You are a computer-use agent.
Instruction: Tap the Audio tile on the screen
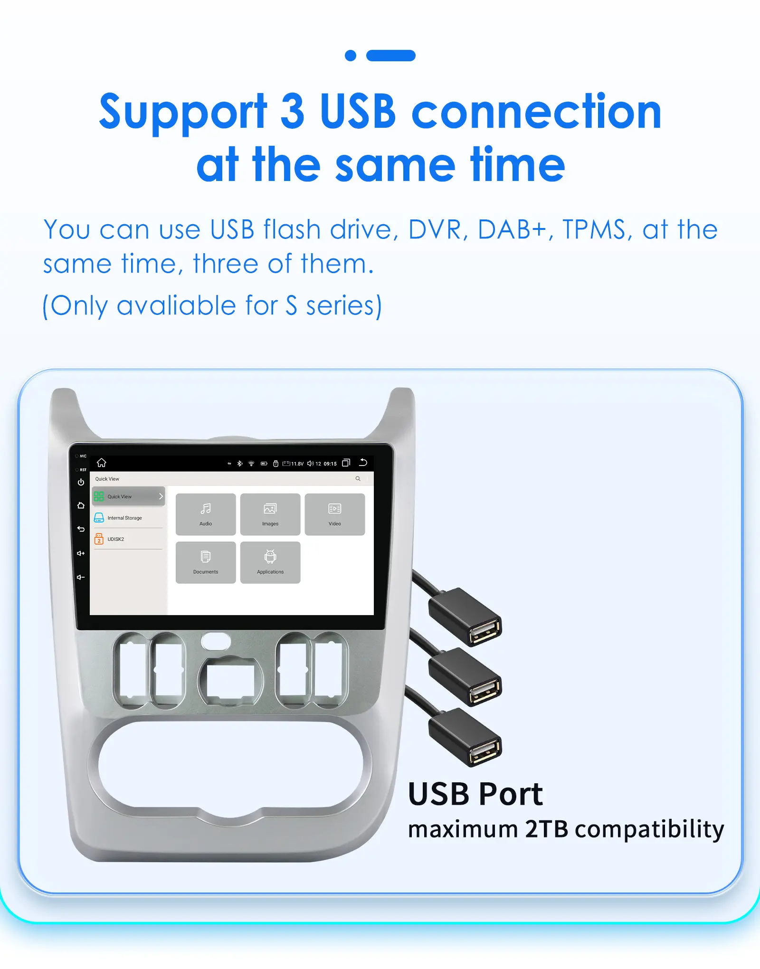206,514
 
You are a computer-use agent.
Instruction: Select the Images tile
270,514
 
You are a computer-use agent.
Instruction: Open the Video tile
335,514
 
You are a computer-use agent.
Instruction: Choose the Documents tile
206,562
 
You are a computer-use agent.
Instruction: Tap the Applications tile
270,562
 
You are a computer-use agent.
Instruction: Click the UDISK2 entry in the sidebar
115,539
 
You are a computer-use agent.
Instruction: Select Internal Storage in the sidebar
124,518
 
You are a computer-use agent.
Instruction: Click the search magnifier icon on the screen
358,479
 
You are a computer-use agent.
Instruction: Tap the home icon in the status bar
102,463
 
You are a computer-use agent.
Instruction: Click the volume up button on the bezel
81,553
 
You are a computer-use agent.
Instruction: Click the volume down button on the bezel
81,577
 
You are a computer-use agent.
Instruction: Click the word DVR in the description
435,230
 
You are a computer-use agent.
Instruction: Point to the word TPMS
594,230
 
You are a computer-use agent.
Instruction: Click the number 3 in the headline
293,112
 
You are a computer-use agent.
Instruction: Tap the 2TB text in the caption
546,829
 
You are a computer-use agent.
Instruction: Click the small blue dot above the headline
351,56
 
